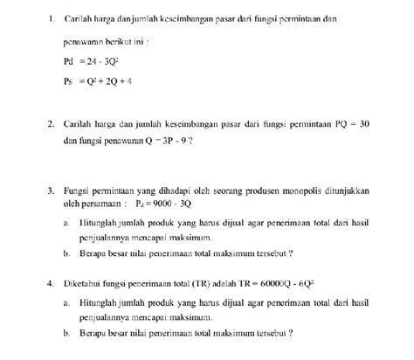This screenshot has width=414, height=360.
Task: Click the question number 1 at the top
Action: click(52, 18)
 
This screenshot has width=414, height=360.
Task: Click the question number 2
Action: click(52, 124)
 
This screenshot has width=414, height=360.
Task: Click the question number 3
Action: click(52, 187)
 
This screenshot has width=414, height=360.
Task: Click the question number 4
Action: click(52, 284)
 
